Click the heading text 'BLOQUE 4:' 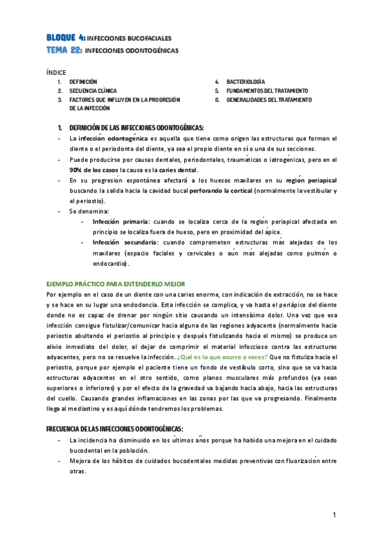pyautogui.click(x=65, y=38)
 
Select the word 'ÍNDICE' pyautogui.click(x=56, y=72)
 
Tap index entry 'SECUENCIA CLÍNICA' pyautogui.click(x=93, y=91)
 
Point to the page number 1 pyautogui.click(x=334, y=515)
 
